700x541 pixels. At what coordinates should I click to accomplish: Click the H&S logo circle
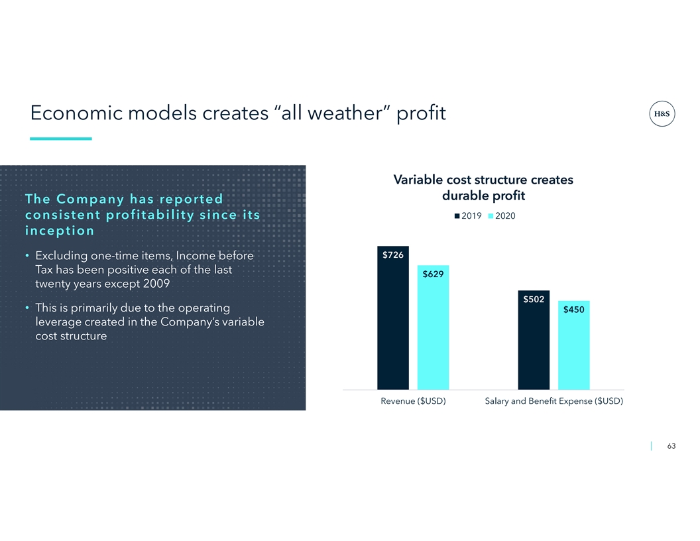[x=662, y=114]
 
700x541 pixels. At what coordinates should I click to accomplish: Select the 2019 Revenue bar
[x=393, y=318]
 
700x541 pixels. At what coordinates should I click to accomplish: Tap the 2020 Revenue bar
[x=433, y=328]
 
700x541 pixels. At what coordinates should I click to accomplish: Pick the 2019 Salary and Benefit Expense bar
[x=534, y=340]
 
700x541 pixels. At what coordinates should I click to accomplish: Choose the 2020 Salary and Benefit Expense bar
[x=573, y=345]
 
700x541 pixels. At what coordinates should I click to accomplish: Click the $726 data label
[x=393, y=255]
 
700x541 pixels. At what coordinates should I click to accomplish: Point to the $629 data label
[x=433, y=274]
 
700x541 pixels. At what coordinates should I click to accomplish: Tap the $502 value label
[x=534, y=299]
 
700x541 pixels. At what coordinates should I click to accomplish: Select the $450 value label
[x=573, y=310]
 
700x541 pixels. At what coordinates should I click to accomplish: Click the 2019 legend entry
[x=468, y=216]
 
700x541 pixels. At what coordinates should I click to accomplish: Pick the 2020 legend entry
[x=502, y=216]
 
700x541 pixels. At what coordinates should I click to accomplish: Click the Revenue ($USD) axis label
[x=413, y=401]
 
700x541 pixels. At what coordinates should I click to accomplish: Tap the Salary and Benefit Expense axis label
[x=554, y=401]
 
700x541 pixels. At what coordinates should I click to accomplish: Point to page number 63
[x=671, y=446]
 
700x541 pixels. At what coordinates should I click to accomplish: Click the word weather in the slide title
[x=344, y=113]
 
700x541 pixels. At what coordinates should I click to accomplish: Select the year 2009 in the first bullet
[x=156, y=284]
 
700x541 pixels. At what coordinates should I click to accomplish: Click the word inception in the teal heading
[x=60, y=231]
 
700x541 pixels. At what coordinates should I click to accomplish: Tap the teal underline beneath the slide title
[x=61, y=139]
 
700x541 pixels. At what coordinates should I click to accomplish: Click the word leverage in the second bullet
[x=58, y=322]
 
